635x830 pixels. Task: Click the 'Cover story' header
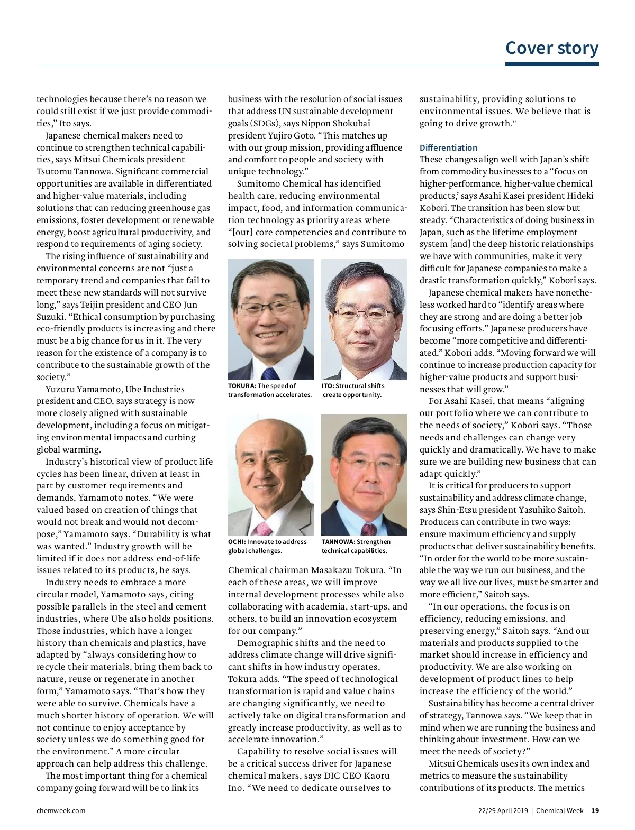[551, 48]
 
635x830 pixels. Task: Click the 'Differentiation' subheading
[448, 147]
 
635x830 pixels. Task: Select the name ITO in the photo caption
[328, 386]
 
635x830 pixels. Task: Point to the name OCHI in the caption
[237, 542]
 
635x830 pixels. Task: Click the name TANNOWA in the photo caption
[338, 542]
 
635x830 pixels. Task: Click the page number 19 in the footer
[595, 810]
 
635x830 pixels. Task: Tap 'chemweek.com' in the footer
[61, 810]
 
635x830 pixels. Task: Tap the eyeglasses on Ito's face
[364, 315]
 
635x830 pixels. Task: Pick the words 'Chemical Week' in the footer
[559, 810]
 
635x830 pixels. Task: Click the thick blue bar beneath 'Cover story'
[551, 64]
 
